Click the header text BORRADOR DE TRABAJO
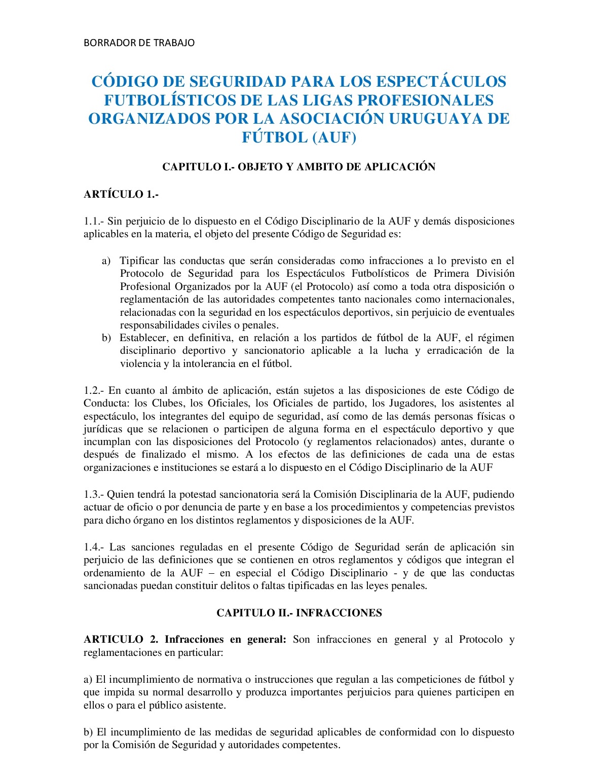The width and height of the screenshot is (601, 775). point(139,43)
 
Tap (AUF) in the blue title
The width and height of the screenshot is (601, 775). point(334,137)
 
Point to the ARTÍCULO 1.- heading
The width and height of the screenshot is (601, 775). point(122,194)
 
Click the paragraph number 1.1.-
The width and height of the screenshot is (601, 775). point(94,222)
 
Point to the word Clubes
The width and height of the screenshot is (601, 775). point(168,403)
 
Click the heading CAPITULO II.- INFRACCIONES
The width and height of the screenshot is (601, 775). point(299,613)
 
